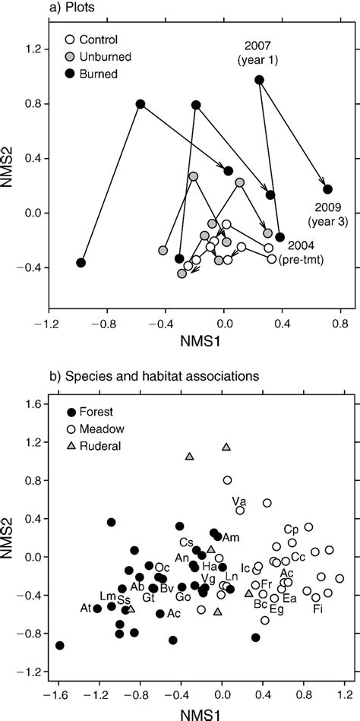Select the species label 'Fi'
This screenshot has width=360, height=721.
coord(317,609)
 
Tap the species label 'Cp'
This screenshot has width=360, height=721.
coord(290,530)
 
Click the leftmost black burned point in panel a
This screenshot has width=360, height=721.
coord(81,263)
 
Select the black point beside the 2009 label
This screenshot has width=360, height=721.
coord(327,189)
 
